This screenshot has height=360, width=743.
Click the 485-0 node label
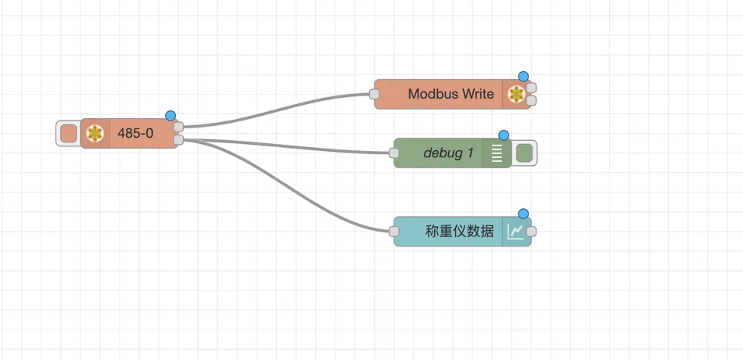click(135, 134)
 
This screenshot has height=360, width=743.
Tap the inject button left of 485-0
click(69, 133)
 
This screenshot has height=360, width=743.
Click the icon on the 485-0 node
click(95, 134)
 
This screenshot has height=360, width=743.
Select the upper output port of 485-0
click(178, 127)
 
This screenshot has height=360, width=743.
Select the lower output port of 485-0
click(178, 139)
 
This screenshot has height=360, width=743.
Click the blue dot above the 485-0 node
click(170, 116)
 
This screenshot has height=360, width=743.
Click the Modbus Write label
click(450, 94)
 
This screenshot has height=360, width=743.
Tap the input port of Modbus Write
click(375, 94)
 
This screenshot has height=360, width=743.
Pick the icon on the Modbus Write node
click(516, 95)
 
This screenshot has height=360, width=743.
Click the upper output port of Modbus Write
click(532, 88)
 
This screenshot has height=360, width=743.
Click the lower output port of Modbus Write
click(532, 100)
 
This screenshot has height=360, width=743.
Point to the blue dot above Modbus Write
click(523, 77)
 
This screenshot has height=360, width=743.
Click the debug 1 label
click(448, 153)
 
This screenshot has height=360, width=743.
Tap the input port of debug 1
click(393, 153)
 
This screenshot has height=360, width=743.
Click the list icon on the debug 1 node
click(497, 153)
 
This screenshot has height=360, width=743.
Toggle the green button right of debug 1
click(524, 153)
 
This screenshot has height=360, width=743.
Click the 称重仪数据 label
click(460, 232)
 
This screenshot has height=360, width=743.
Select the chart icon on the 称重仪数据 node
click(515, 232)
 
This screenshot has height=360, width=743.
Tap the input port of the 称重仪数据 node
click(393, 232)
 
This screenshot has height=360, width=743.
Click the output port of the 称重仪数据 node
click(532, 232)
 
